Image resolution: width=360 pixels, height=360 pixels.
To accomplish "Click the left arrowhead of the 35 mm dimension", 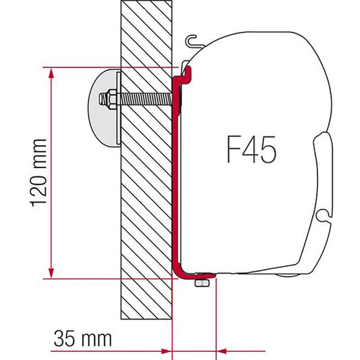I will coord(167,351).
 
